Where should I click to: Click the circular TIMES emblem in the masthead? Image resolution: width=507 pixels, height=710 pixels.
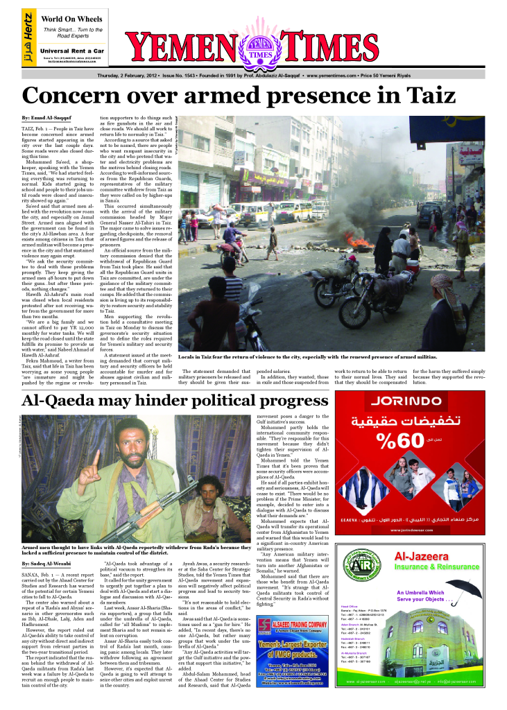261,53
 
